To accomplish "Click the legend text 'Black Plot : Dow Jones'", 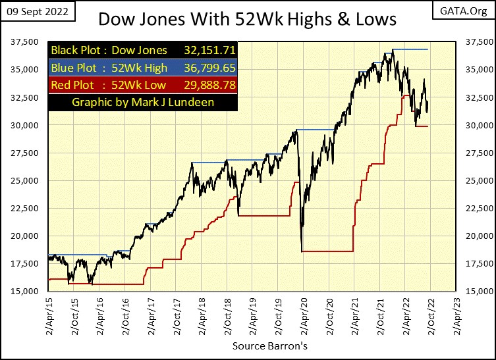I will [x=111, y=50].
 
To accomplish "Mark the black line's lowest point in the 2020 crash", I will [x=302, y=250].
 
